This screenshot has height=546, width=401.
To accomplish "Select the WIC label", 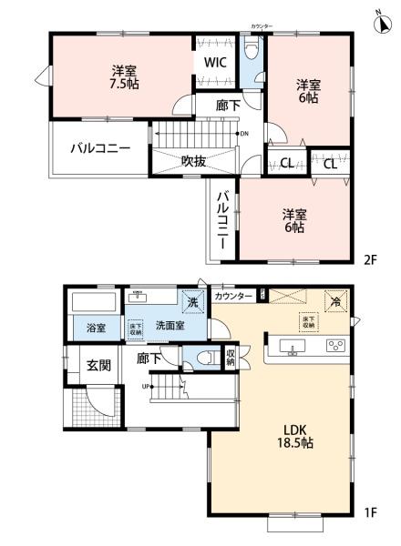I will (215, 64).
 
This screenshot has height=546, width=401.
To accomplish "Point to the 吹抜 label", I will (192, 162).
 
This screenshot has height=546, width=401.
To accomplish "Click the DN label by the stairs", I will (242, 135).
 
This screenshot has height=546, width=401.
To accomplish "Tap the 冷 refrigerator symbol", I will (335, 301).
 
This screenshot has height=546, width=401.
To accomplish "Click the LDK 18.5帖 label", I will (280, 433).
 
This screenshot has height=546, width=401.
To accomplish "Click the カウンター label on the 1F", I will (233, 297).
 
